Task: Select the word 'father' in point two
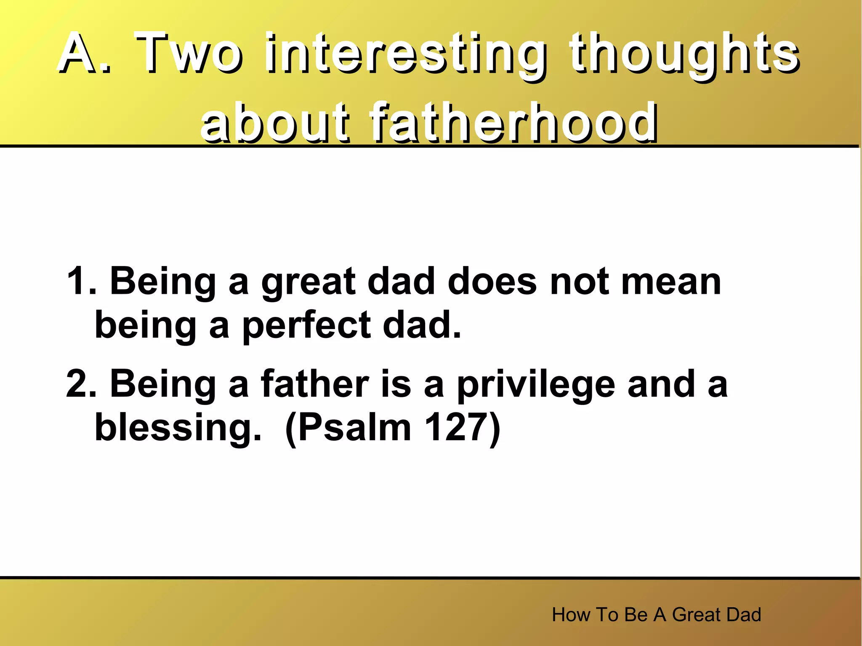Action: coord(315,384)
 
